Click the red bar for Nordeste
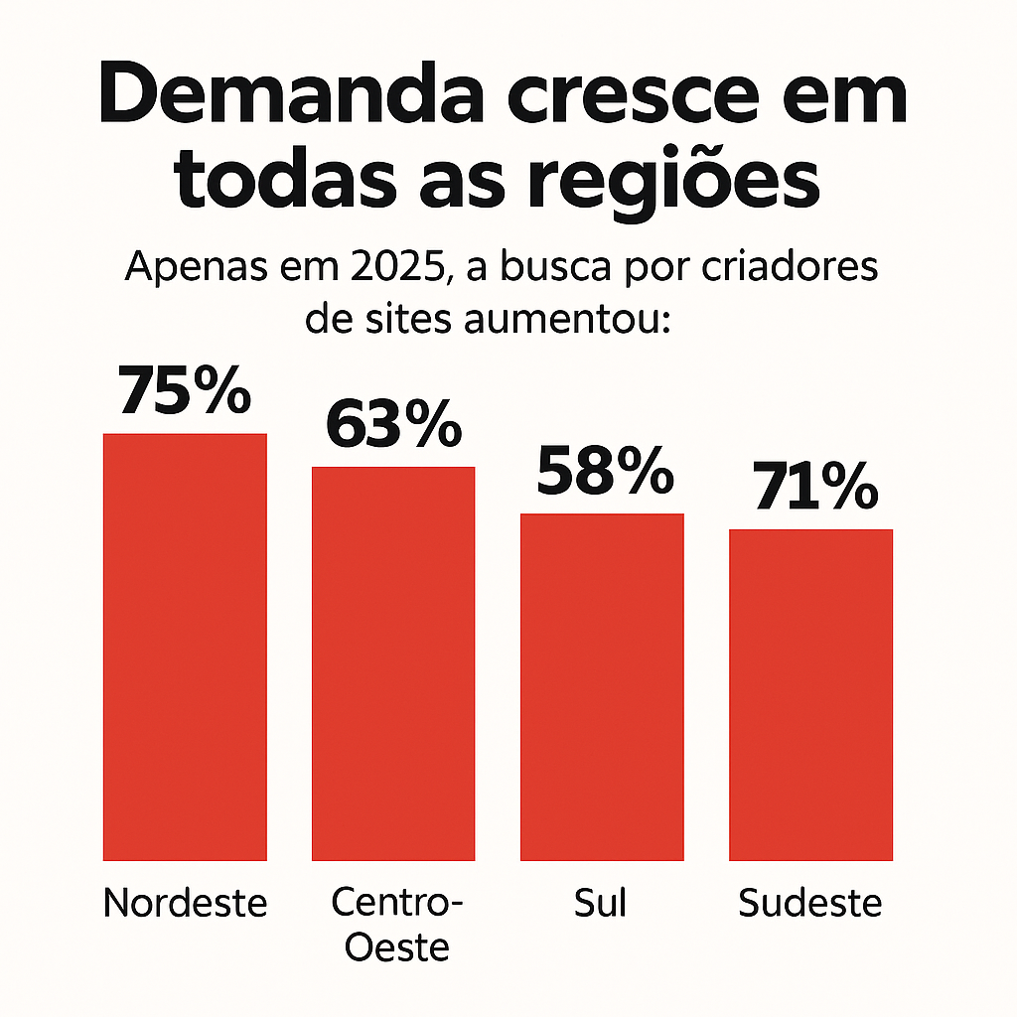point(185,647)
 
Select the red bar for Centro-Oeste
point(393,662)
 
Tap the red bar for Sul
point(602,686)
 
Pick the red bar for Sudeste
point(810,694)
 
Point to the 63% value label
point(393,425)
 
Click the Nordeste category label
point(186,905)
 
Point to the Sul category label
point(601,905)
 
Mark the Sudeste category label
point(810,905)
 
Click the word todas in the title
point(282,183)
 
